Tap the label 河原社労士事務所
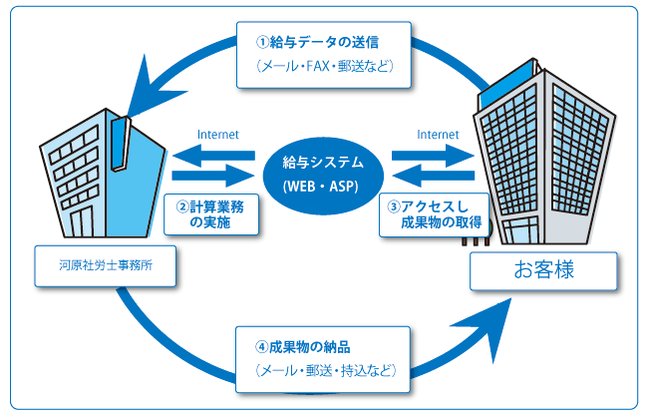[x=105, y=265]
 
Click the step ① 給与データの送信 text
[x=325, y=43]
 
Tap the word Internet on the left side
[x=218, y=133]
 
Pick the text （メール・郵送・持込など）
[x=319, y=371]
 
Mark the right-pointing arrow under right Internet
[x=432, y=154]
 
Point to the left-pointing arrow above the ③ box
[x=432, y=176]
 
